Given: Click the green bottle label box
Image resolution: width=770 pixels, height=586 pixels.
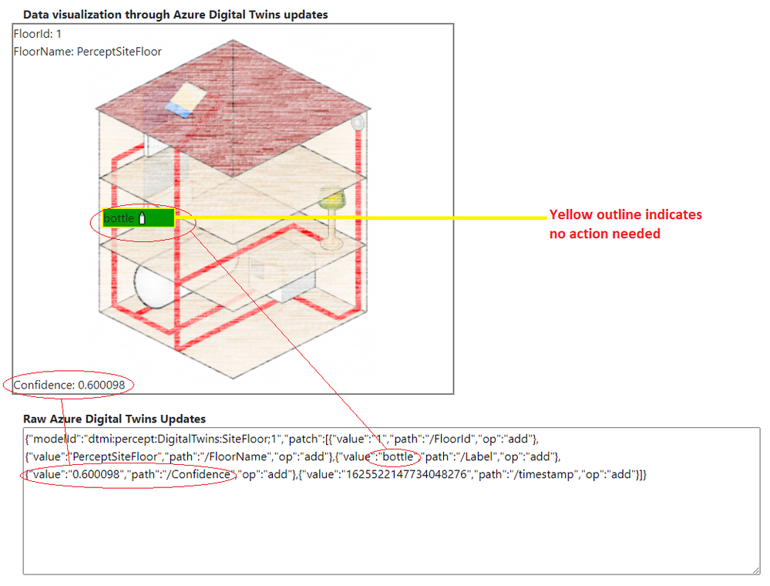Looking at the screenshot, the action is point(139,218).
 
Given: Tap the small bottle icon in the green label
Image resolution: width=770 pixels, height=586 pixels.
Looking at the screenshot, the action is point(143,218).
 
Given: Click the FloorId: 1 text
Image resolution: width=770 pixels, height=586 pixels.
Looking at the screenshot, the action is point(37,34).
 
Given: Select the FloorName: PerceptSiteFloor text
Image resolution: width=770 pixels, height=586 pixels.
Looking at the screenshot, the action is point(87,52).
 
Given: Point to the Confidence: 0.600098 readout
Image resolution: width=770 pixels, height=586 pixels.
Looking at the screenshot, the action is point(69,385).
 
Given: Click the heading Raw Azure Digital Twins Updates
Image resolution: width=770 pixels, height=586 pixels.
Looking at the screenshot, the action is point(114,419).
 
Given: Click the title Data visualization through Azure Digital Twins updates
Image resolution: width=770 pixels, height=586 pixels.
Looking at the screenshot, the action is point(175,15).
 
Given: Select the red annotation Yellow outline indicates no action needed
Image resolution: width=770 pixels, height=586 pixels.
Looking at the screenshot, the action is point(626,224).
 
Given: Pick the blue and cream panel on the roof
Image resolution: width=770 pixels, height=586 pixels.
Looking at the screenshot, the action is point(186,99).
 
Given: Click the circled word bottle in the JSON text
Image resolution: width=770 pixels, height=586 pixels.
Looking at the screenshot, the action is point(398,456).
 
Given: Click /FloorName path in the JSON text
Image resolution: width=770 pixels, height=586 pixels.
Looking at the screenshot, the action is point(237,456).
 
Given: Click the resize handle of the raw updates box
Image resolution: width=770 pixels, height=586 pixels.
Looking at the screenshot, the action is point(756,571).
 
